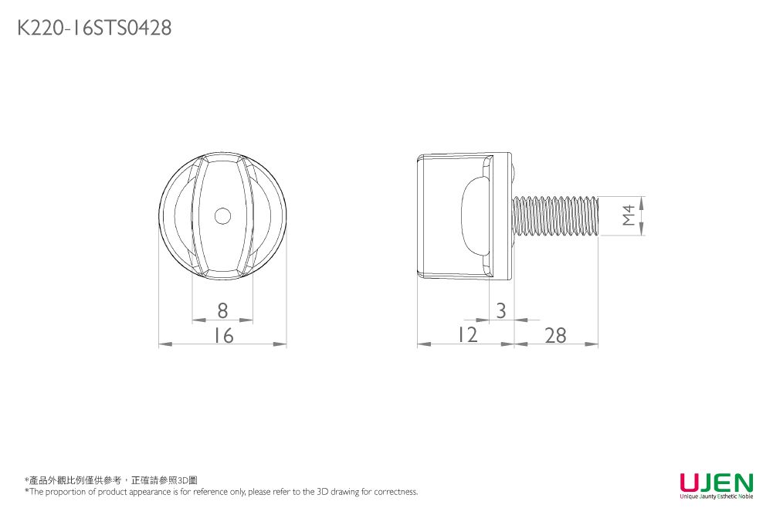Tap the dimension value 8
(x=222, y=310)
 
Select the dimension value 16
(x=223, y=336)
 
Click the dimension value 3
(x=501, y=310)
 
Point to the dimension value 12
(x=466, y=335)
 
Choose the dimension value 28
(x=554, y=336)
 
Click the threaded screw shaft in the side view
(x=556, y=215)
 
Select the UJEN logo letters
(x=716, y=482)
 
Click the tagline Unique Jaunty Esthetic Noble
(x=716, y=496)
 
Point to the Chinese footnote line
(x=111, y=480)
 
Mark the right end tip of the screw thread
(x=598, y=215)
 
